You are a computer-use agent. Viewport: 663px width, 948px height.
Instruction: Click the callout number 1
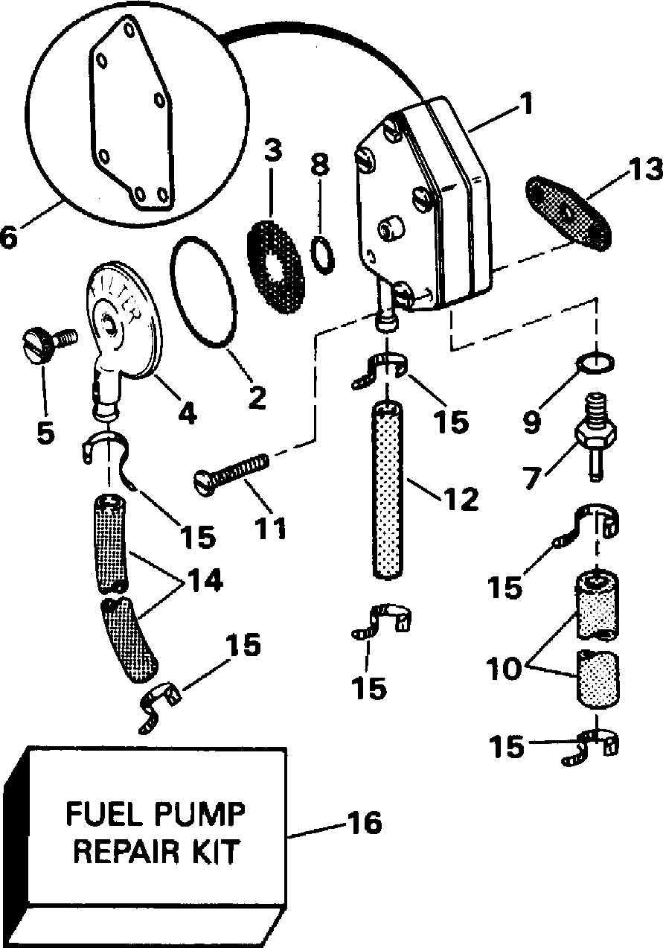527,104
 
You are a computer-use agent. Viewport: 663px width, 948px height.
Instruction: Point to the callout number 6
10,239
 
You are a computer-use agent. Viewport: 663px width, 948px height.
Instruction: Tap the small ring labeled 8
321,255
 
